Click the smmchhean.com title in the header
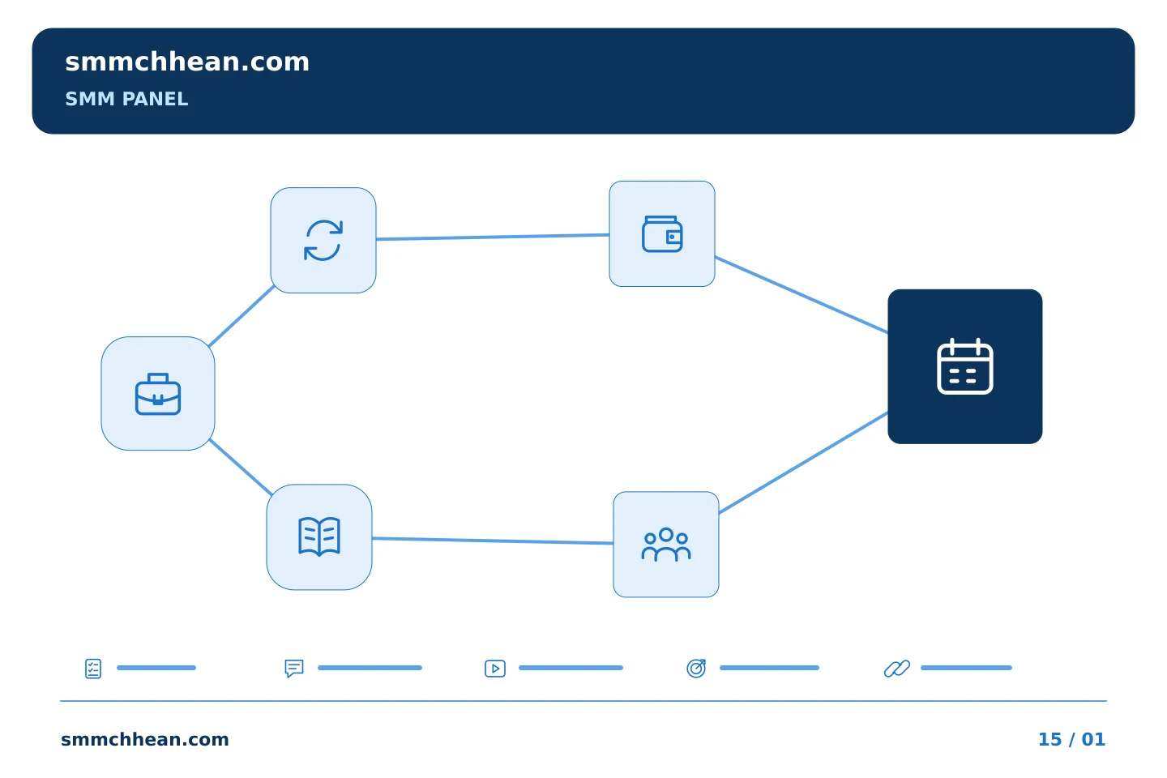point(187,62)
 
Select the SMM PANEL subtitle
point(126,99)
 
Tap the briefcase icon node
point(158,393)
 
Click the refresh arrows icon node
point(323,240)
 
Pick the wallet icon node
point(661,234)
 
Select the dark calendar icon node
point(965,366)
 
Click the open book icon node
point(319,537)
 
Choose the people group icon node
point(666,544)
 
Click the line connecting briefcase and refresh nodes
point(242,316)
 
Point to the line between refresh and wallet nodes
point(493,237)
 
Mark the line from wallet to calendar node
point(802,294)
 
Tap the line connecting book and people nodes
point(493,541)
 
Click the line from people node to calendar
point(803,463)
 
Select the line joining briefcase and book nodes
point(241,467)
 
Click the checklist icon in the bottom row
point(93,668)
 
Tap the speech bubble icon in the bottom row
point(294,668)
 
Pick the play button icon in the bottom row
point(495,668)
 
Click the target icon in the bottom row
point(696,668)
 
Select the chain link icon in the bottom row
point(897,668)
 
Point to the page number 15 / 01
point(1071,739)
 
